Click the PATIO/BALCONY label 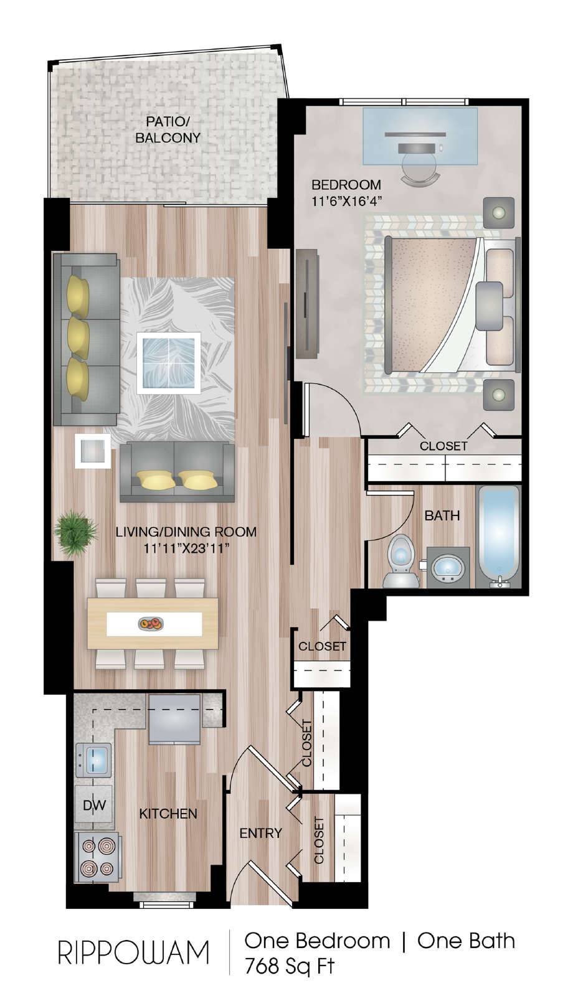(x=168, y=129)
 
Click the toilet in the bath (x=401, y=561)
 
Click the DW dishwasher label (x=95, y=805)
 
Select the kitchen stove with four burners (x=97, y=857)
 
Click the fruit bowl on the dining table (x=151, y=624)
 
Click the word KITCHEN (x=168, y=814)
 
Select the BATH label (x=442, y=516)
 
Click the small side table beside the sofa (x=93, y=451)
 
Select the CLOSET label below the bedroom (x=443, y=446)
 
